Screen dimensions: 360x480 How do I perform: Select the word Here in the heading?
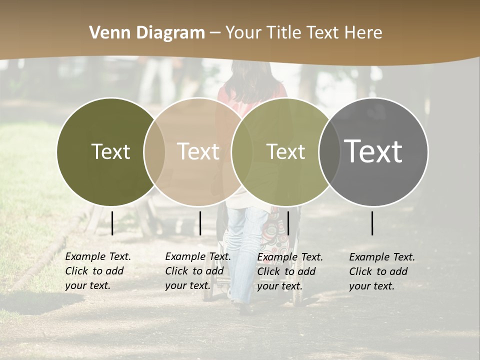click(x=363, y=32)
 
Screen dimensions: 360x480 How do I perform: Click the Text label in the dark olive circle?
click(x=110, y=151)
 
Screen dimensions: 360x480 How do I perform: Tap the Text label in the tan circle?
click(x=198, y=151)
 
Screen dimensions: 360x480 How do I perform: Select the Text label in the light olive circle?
click(x=285, y=151)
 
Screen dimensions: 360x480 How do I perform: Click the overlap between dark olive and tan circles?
click(x=154, y=152)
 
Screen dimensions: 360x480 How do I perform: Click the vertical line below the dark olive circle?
click(x=112, y=223)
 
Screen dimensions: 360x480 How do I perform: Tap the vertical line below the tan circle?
click(x=200, y=223)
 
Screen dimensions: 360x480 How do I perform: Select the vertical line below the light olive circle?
click(x=288, y=223)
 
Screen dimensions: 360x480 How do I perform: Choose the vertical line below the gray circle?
click(x=372, y=223)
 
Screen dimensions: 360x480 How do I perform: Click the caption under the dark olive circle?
click(x=97, y=271)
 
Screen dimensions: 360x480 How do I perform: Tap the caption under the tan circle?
click(x=197, y=271)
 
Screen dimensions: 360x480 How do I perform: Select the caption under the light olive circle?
click(x=289, y=271)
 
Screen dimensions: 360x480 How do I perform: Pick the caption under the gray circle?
click(x=381, y=271)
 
